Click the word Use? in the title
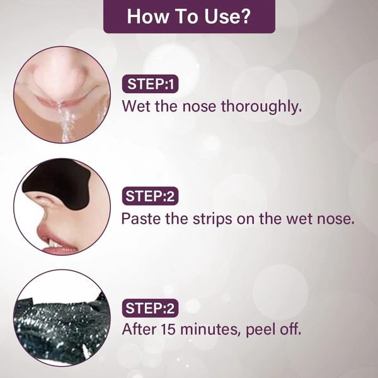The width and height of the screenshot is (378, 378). pos(227,16)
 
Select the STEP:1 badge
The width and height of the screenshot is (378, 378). pos(150,84)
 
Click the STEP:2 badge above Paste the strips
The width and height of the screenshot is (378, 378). pos(150,196)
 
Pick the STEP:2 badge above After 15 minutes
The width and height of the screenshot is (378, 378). pos(150,308)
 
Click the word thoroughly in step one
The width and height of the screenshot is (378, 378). pos(261,106)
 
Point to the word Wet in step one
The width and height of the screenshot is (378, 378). pos(137,106)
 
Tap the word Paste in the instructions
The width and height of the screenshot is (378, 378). pos(141,219)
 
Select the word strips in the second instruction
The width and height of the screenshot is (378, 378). pos(212,219)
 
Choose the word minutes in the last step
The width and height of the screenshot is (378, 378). pos(210,329)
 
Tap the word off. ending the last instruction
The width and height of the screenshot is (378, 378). pos(290,329)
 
